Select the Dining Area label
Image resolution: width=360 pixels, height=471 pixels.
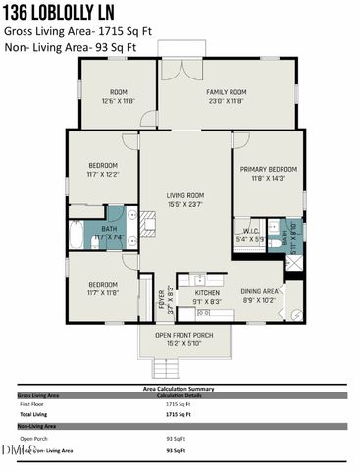point(260,295)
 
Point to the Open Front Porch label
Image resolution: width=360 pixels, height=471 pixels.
point(183,340)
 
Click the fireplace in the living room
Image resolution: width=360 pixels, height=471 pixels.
point(149,225)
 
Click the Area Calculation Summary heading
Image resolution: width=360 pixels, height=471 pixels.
point(179,388)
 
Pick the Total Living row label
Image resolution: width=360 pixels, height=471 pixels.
point(34,414)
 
